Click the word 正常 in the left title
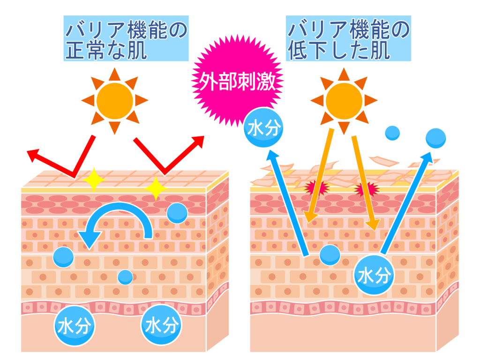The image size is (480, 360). pos(85,50)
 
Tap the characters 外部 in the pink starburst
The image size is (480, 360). pos(217,82)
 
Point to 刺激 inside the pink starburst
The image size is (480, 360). pos(256,82)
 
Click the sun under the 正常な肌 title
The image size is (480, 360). pos(115,101)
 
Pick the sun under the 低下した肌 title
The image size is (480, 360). pos(344,101)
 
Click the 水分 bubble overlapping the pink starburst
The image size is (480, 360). pos(263,127)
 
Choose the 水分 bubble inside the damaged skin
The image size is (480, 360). pos(374,275)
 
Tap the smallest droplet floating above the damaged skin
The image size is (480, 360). pos(392,133)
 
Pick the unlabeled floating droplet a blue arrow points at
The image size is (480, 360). pos(435,138)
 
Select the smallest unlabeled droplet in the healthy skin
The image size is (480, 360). pos(125,277)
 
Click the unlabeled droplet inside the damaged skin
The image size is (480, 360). pos(330,255)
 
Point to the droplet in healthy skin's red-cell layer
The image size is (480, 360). pos(177,213)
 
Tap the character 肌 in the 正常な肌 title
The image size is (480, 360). pos(137,50)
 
